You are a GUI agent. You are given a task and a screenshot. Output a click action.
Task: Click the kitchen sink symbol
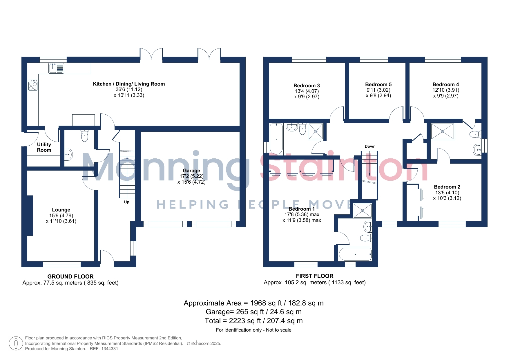point(56,68)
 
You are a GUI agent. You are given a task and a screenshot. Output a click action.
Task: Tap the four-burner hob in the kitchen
point(33,85)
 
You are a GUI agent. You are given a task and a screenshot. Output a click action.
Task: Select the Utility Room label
point(44,147)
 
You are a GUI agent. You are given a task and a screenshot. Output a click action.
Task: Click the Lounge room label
point(61,210)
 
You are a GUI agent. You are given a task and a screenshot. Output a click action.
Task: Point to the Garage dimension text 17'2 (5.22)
point(191,176)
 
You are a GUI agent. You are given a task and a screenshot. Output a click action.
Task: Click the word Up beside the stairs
point(127,202)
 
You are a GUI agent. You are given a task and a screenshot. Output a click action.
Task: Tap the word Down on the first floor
point(370,146)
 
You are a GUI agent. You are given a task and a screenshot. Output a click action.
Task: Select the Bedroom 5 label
point(378,84)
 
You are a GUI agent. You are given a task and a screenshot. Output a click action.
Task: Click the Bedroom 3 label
point(307,86)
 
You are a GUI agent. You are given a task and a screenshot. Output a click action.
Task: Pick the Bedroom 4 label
point(446,84)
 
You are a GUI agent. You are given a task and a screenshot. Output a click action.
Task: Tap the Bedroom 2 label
point(447,187)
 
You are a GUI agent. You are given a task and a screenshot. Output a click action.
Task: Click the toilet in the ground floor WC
point(84,135)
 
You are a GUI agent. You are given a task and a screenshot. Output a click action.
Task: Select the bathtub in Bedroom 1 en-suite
point(355,254)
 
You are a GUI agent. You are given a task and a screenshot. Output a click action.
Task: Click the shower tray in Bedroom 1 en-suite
point(363,211)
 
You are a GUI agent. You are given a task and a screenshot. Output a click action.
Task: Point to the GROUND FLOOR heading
point(70,276)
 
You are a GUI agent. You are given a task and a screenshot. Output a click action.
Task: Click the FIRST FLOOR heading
point(315,276)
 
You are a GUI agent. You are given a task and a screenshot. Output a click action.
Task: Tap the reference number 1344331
point(110,349)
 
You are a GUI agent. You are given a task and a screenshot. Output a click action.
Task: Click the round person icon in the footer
point(16,343)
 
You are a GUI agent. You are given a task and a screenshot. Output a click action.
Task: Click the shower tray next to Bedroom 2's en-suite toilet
point(443,131)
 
